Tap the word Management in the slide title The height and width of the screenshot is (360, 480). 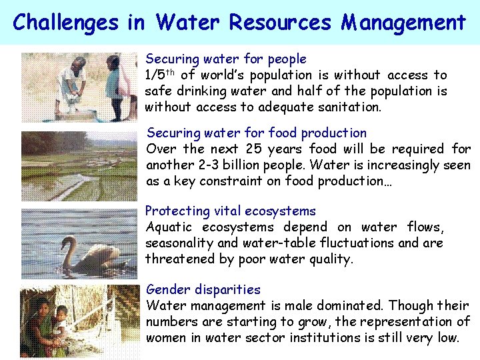click(x=403, y=23)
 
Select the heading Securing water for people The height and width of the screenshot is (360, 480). click(x=226, y=59)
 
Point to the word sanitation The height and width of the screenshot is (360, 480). click(x=349, y=107)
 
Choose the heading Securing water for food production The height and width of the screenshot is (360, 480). click(x=257, y=133)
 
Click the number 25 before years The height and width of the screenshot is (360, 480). click(x=255, y=149)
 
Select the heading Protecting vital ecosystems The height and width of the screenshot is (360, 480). click(x=231, y=211)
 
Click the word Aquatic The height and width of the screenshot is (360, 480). click(x=169, y=227)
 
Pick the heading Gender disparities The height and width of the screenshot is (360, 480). click(x=203, y=289)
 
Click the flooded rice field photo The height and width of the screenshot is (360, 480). click(x=79, y=166)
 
